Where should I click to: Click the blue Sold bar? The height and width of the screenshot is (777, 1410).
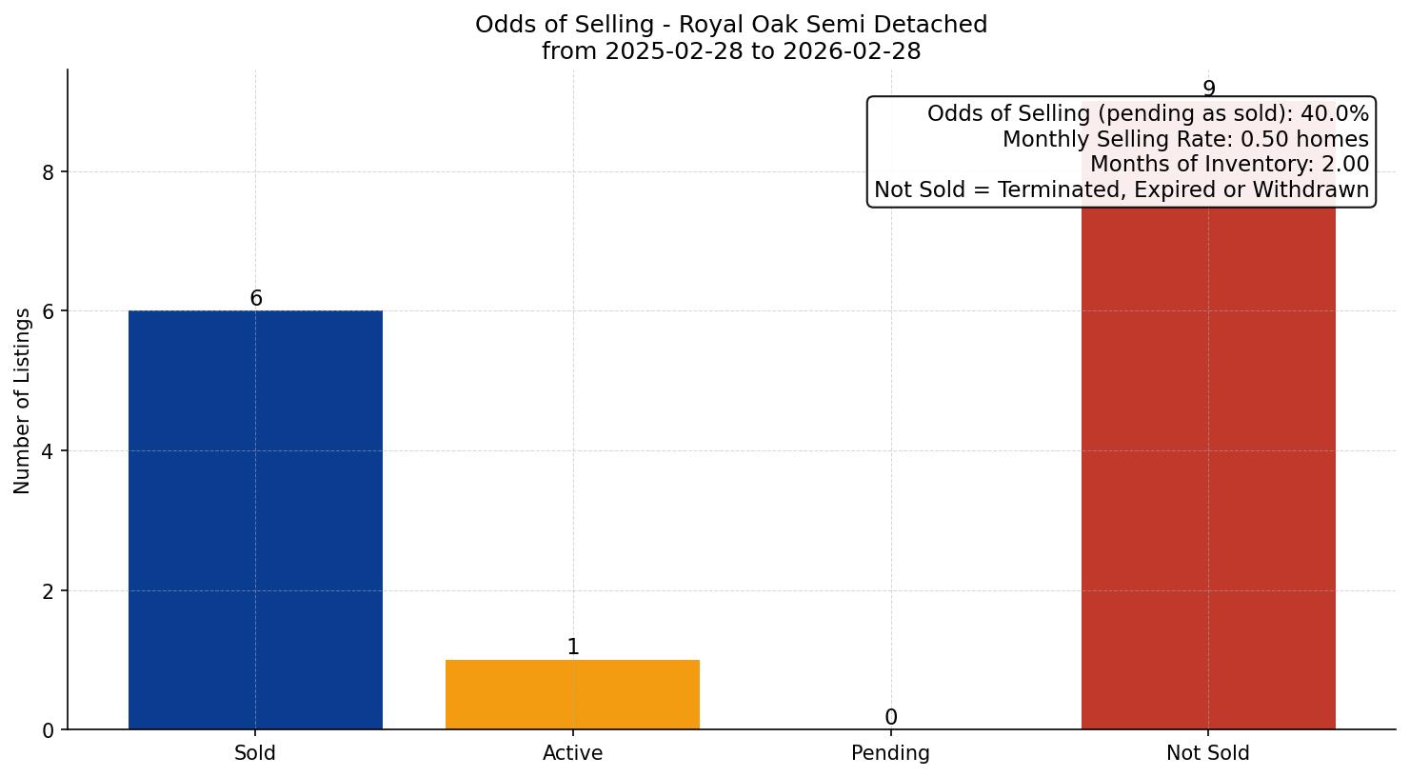coord(255,520)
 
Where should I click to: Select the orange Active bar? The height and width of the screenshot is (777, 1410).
coord(572,694)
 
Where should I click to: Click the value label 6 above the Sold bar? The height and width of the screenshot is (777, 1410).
coord(256,299)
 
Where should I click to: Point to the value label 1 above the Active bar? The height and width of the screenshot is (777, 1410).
coord(573,647)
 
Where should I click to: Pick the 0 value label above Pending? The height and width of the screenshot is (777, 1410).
coord(891,718)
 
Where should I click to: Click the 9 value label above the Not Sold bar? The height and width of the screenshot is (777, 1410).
coord(1209,89)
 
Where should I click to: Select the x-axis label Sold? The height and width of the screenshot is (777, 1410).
coord(255,753)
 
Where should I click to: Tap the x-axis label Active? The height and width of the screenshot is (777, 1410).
coord(572,753)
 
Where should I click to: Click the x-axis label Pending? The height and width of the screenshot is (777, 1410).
coord(890,753)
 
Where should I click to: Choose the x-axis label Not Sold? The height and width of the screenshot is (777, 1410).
coord(1208,753)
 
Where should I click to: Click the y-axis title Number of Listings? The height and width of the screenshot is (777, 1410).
coord(23,401)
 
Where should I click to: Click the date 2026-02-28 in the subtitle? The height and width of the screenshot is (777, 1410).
coord(852,51)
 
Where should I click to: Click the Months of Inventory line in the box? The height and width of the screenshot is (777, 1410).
coord(1229,165)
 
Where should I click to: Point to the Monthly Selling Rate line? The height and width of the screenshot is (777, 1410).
coord(1185,140)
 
